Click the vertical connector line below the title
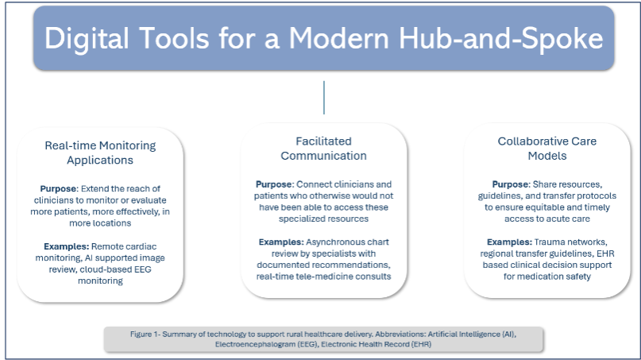coord(323,97)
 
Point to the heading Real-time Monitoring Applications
coord(100,153)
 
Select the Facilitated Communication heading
coord(323,148)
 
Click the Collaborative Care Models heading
coord(546,148)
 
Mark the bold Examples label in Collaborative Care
coord(511,240)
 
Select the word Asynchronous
coord(338,241)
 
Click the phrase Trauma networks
coord(566,240)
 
